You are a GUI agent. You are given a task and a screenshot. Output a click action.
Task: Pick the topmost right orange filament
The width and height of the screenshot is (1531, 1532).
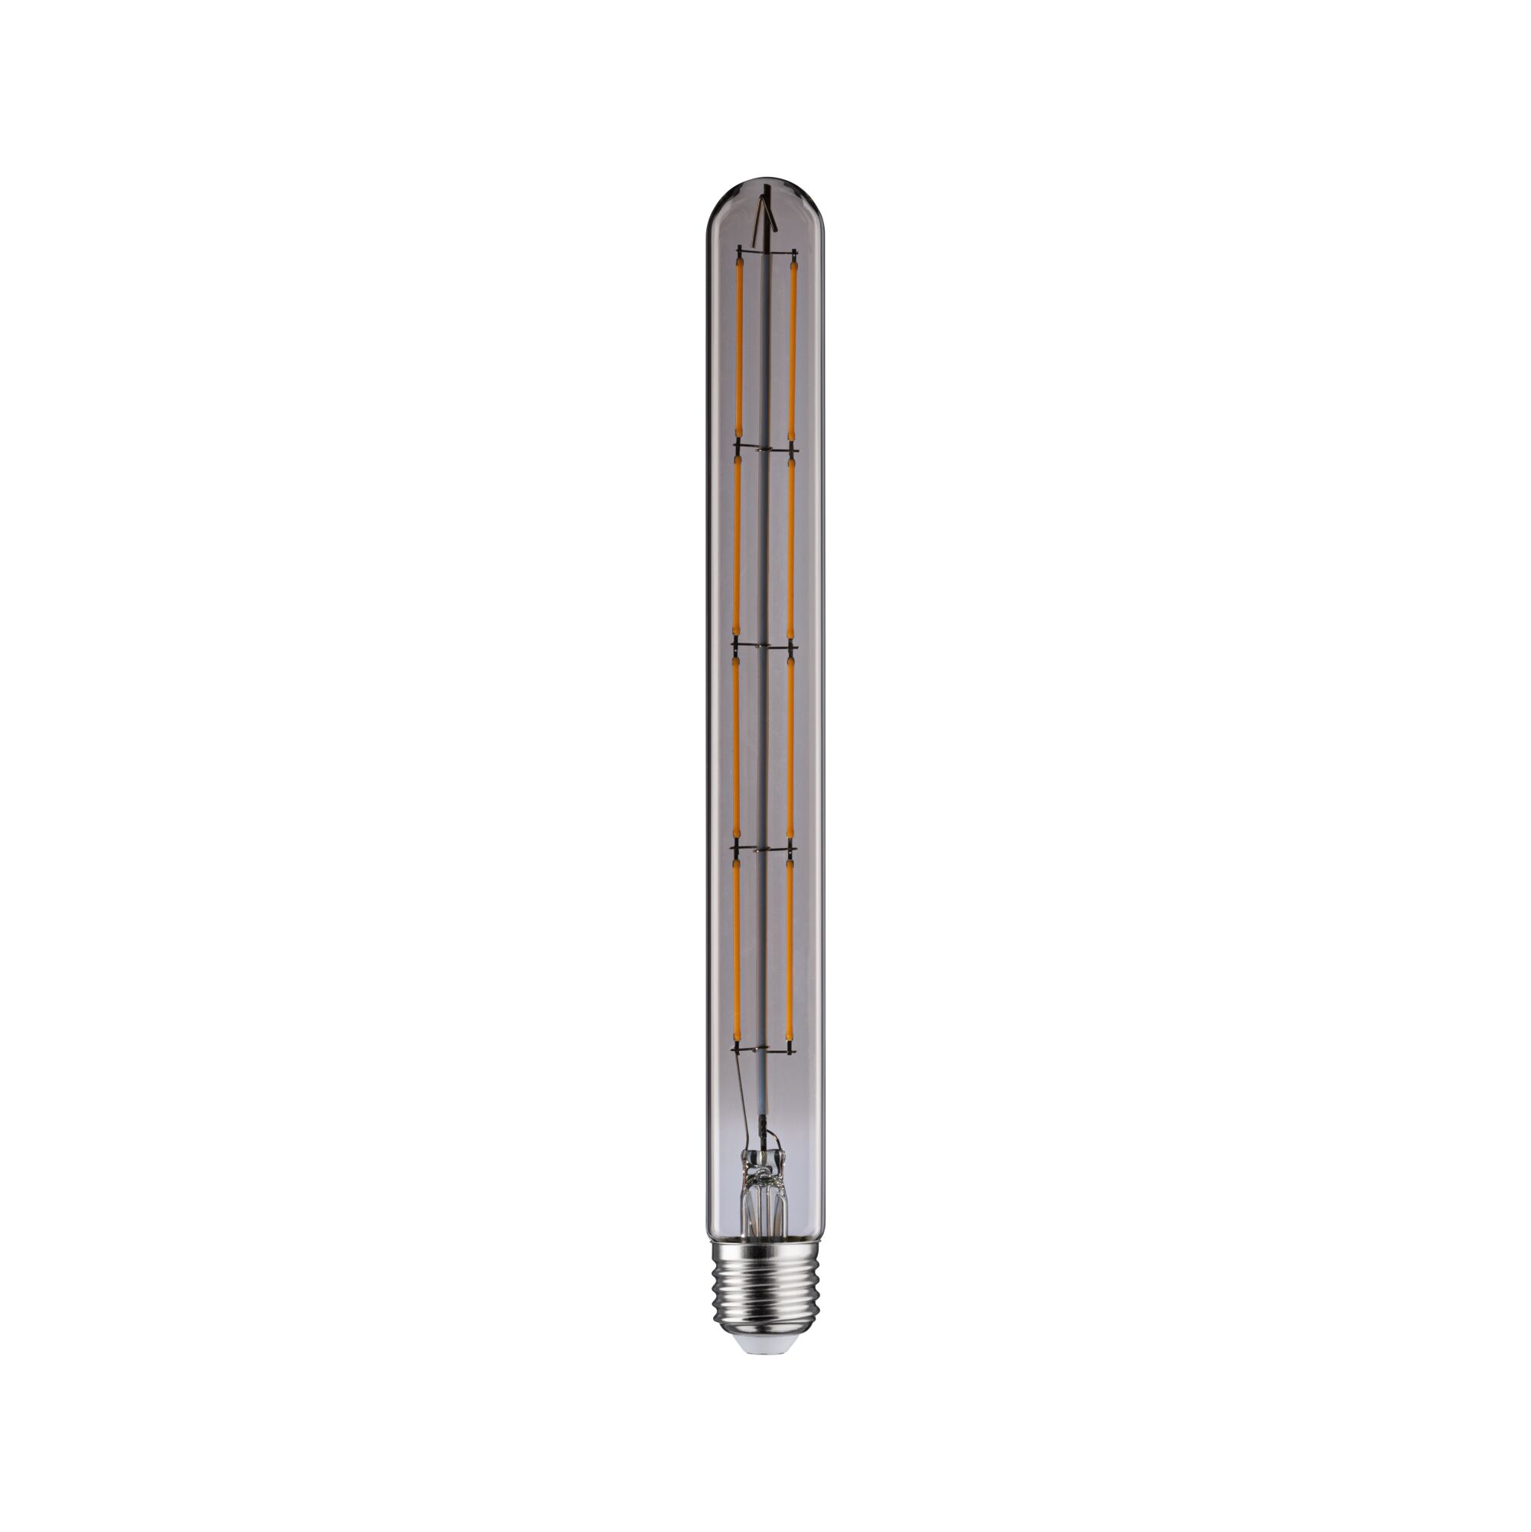(791, 349)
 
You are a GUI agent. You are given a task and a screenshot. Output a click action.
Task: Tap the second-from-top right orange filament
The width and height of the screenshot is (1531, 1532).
(791, 547)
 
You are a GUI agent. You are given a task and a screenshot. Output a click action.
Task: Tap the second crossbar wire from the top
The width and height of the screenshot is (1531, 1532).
(765, 449)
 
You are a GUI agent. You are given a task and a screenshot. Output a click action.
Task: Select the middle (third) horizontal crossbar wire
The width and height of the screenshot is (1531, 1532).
(765, 647)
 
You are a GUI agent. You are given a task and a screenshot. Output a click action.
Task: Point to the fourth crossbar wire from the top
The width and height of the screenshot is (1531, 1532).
(765, 849)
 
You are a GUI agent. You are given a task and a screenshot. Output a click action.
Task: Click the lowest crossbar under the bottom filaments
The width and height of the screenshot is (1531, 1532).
(765, 1050)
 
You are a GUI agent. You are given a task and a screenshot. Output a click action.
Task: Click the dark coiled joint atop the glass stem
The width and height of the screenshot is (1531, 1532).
(764, 1143)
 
